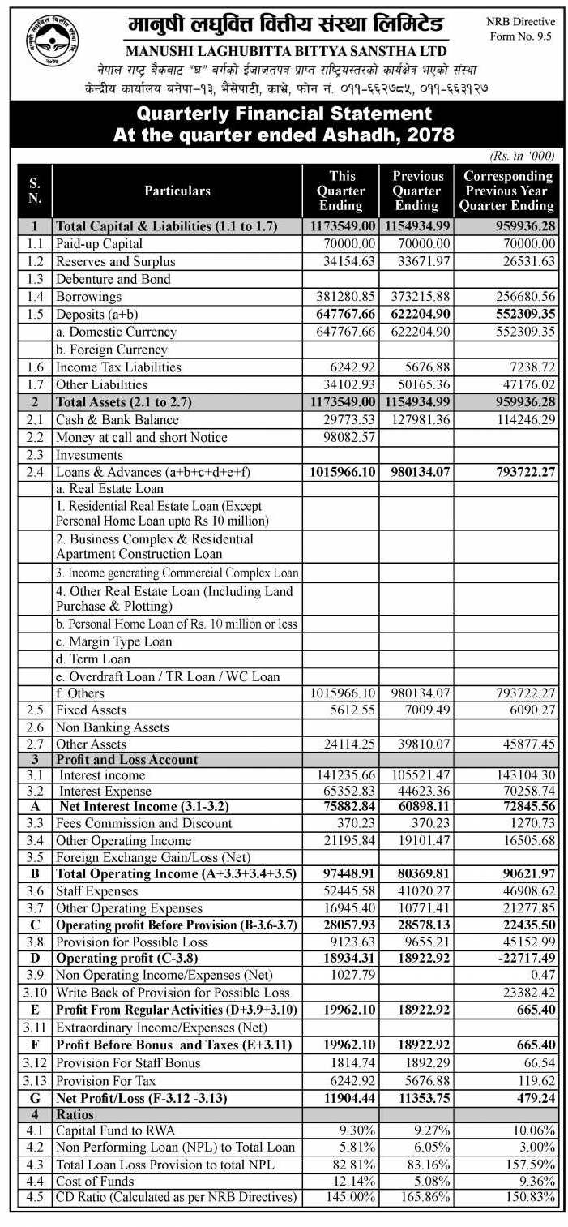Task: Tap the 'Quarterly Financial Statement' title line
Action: tap(284, 114)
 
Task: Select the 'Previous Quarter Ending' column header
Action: tap(418, 191)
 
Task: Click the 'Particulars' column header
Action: tap(177, 191)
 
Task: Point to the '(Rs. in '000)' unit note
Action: tap(522, 154)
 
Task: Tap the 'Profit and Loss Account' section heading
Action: tap(126, 760)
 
